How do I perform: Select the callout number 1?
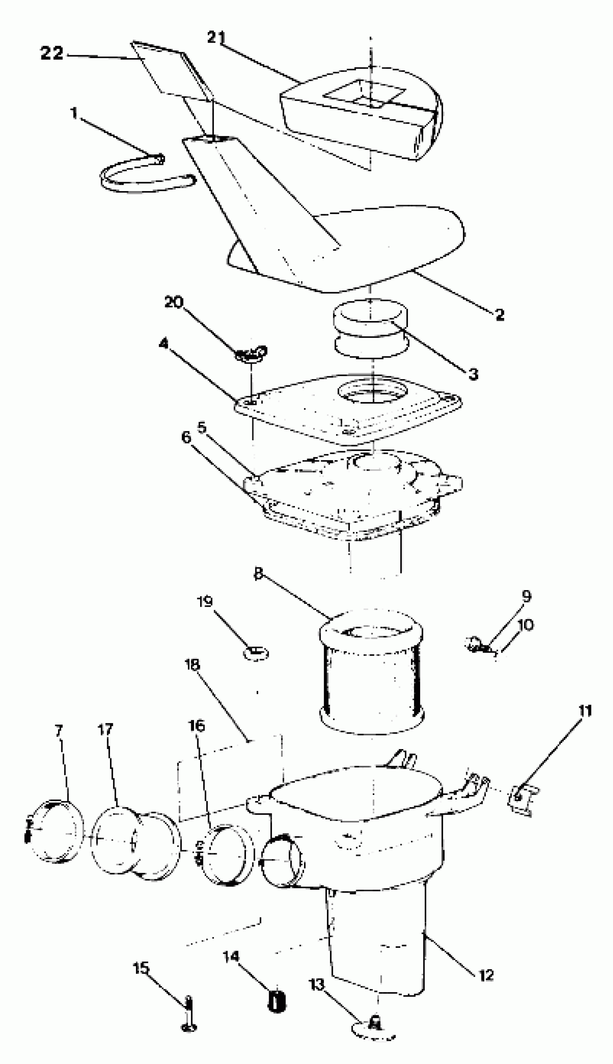pyautogui.click(x=74, y=113)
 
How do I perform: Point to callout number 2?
pyautogui.click(x=499, y=315)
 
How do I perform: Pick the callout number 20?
pyautogui.click(x=173, y=302)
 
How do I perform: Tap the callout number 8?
pyautogui.click(x=258, y=573)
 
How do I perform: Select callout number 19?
pyautogui.click(x=205, y=602)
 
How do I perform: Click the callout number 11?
pyautogui.click(x=585, y=711)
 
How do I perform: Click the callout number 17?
pyautogui.click(x=105, y=729)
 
